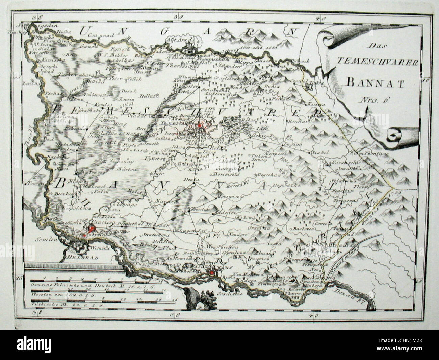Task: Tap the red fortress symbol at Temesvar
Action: click(200, 125)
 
